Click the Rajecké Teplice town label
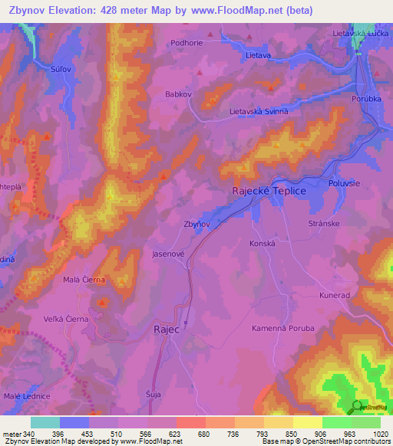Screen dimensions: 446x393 (x=269, y=191)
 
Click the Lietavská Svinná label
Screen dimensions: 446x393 (x=259, y=111)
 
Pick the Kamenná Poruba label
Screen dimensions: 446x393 (x=283, y=328)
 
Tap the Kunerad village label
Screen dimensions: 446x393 (x=335, y=294)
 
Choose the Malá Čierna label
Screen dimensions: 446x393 (x=84, y=280)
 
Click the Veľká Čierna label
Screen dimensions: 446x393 (x=67, y=319)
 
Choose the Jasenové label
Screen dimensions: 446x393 (x=169, y=252)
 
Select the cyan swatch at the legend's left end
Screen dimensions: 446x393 (x=45, y=422)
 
